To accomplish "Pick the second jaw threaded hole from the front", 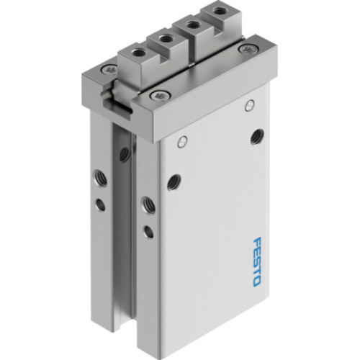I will coord(166,38).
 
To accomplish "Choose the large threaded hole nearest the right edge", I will coord(256,135).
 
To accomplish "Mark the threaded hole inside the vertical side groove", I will coord(124,153).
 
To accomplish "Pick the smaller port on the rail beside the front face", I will coord(148,231).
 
